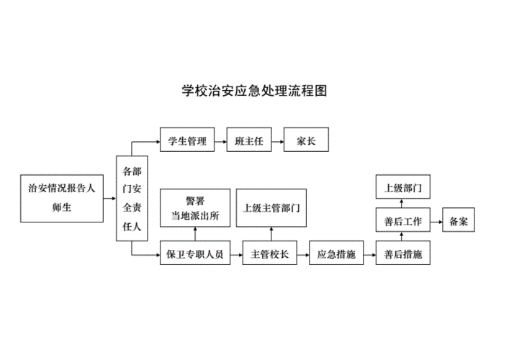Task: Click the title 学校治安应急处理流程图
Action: click(254, 92)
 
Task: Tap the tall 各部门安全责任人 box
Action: click(132, 198)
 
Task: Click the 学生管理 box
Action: click(187, 141)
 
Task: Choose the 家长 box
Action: click(306, 141)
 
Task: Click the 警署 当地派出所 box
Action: click(194, 207)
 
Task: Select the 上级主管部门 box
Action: click(271, 207)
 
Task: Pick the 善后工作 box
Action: click(402, 222)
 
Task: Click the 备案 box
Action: click(459, 222)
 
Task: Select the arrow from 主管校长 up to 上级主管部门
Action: click(271, 233)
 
